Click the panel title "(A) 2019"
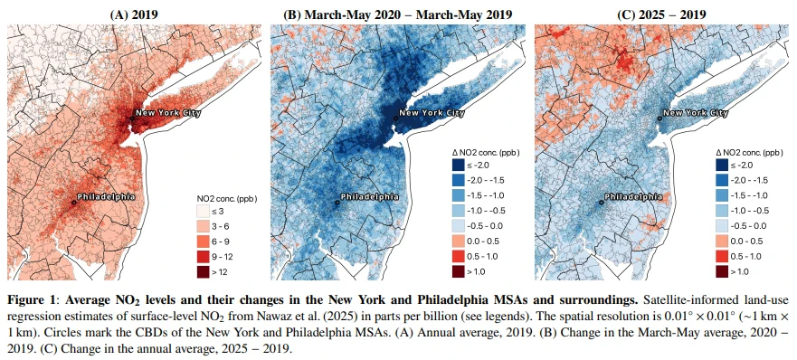tap(134, 14)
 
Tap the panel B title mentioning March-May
tap(397, 14)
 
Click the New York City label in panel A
tap(167, 112)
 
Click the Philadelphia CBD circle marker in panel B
tap(337, 203)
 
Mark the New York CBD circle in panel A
tap(132, 118)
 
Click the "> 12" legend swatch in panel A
tap(204, 272)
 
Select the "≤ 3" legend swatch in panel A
tap(204, 211)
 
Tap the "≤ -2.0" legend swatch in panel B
tap(459, 165)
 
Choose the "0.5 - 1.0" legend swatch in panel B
tap(459, 256)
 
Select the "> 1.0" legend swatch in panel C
tap(722, 271)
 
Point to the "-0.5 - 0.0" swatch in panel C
tap(722, 226)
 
